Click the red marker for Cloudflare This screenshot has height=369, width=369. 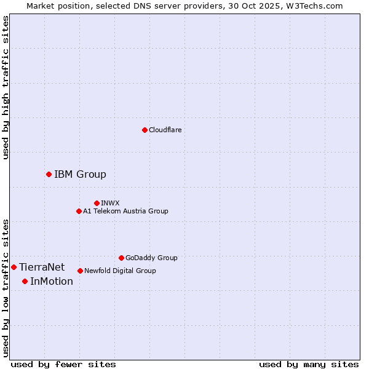pyautogui.click(x=145, y=130)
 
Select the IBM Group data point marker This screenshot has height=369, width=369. pyautogui.click(x=49, y=174)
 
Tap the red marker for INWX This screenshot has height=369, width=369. pyautogui.click(x=97, y=203)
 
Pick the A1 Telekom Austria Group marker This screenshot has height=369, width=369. pyautogui.click(x=79, y=211)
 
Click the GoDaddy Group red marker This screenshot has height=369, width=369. pyautogui.click(x=121, y=258)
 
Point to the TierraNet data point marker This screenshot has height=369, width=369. pyautogui.click(x=14, y=267)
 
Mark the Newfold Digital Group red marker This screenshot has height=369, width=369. pyautogui.click(x=80, y=271)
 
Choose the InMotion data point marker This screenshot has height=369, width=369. pyautogui.click(x=25, y=281)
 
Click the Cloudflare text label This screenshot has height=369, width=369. pyautogui.click(x=165, y=130)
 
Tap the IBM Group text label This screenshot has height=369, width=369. pyautogui.click(x=80, y=174)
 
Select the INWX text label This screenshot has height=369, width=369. pyautogui.click(x=110, y=203)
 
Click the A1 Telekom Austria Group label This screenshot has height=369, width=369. pyautogui.click(x=125, y=211)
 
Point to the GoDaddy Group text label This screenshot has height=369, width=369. pyautogui.click(x=151, y=258)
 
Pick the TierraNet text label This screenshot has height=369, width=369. pyautogui.click(x=42, y=267)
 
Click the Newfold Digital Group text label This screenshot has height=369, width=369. pyautogui.click(x=120, y=271)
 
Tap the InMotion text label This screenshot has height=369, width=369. pyautogui.click(x=52, y=281)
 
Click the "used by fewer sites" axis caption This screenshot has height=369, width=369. pyautogui.click(x=63, y=364)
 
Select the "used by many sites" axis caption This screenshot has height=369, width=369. pyautogui.click(x=309, y=364)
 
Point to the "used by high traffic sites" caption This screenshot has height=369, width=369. pyautogui.click(x=6, y=87)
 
